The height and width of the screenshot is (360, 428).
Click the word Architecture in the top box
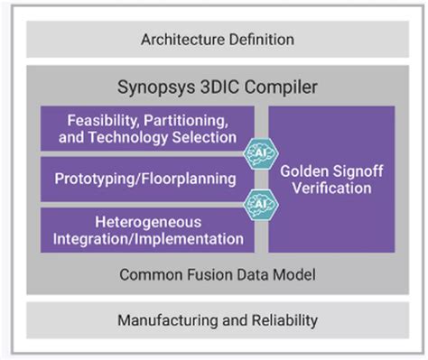182,40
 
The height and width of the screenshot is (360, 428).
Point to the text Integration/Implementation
147,238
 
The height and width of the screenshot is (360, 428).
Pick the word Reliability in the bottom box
282,320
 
